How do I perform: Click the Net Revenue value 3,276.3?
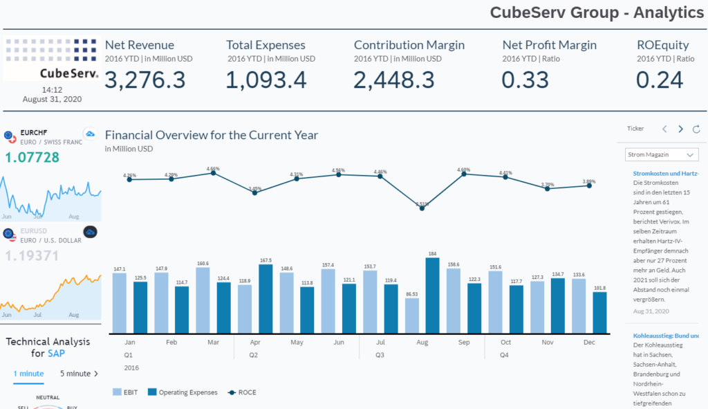(145, 80)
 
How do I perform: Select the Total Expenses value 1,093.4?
(266, 80)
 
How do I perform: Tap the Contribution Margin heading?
(409, 45)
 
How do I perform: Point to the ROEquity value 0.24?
(660, 80)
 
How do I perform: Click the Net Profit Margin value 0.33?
(525, 80)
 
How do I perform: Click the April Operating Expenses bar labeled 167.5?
(266, 299)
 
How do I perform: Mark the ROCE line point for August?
(422, 208)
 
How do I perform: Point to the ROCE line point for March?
(213, 172)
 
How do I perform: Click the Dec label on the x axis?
(590, 343)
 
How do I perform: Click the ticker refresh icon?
(696, 129)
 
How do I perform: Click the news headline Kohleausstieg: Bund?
(665, 336)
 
